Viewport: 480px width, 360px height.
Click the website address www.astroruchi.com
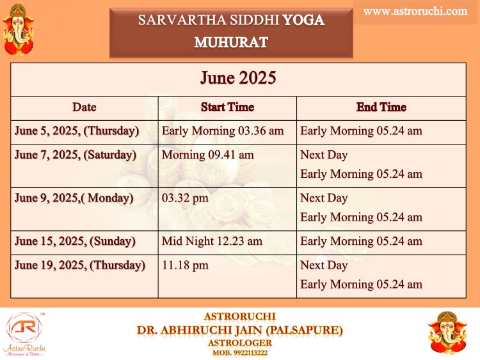(x=415, y=12)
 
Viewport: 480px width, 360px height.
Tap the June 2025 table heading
(x=238, y=77)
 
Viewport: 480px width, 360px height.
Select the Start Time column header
(x=227, y=107)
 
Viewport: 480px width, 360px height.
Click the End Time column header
(x=381, y=107)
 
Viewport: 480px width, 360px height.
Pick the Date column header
(x=84, y=107)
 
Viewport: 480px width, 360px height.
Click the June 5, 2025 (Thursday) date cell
(x=77, y=131)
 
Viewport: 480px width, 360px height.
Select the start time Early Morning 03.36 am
(x=223, y=131)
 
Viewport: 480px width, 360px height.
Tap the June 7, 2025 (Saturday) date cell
(x=76, y=155)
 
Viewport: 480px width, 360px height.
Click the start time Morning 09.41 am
(x=208, y=155)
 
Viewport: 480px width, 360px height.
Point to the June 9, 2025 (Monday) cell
(x=74, y=198)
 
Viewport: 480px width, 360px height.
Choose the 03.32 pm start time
(x=185, y=198)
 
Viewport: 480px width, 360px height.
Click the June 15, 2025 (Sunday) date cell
(x=75, y=241)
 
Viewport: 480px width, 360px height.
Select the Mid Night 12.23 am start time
(x=212, y=241)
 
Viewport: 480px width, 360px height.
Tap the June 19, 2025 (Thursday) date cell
(x=80, y=265)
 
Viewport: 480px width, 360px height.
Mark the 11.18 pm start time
(x=185, y=265)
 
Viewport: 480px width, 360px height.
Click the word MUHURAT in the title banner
(x=231, y=42)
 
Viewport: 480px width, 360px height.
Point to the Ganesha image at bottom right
(x=448, y=333)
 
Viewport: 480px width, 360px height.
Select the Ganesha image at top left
(x=19, y=30)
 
